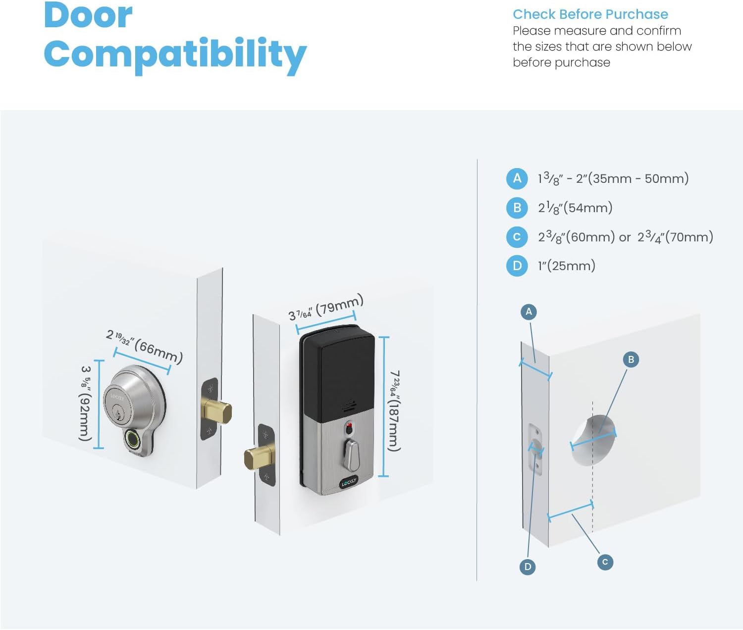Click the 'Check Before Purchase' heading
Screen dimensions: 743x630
[x=590, y=14]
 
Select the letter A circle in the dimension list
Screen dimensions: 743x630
[x=517, y=178]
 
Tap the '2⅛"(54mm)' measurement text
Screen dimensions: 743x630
[x=575, y=208]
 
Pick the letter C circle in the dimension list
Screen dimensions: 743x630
[x=517, y=237]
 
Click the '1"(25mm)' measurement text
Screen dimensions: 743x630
[x=567, y=266]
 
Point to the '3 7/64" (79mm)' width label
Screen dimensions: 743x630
[x=326, y=307]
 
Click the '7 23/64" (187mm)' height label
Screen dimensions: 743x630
[x=394, y=410]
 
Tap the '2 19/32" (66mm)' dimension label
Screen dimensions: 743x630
[x=145, y=346]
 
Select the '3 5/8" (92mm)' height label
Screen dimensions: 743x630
[x=86, y=403]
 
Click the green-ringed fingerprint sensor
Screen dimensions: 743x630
[x=133, y=439]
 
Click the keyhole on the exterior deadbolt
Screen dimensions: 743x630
[x=117, y=411]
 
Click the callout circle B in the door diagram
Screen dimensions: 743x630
[x=631, y=359]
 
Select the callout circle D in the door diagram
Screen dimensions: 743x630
[x=528, y=567]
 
